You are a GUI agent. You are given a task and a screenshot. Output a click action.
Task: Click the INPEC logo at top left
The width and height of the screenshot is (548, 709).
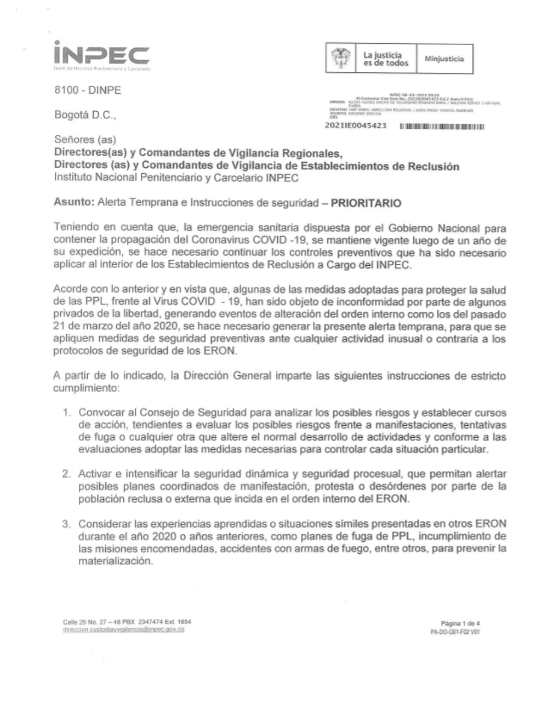click(101, 55)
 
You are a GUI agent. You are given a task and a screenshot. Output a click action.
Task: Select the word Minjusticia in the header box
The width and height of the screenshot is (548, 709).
click(444, 58)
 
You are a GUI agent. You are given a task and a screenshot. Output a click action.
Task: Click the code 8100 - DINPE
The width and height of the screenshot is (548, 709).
click(87, 90)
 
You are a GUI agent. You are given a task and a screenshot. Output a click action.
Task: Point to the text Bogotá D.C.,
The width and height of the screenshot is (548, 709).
click(85, 115)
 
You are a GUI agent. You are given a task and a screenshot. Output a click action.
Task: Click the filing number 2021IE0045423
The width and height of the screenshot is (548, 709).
click(356, 126)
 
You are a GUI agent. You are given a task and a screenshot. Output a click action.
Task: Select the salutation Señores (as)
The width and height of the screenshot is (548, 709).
click(84, 140)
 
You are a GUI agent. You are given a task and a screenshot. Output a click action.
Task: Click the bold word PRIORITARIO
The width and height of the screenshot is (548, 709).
click(366, 203)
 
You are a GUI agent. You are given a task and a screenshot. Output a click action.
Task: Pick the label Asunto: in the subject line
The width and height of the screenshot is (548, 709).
click(74, 203)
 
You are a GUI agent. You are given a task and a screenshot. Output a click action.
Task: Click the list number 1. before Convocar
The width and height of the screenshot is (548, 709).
click(68, 412)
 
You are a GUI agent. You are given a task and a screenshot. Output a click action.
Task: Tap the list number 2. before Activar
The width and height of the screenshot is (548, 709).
click(68, 473)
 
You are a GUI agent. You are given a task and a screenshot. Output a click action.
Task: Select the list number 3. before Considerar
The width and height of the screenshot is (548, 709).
click(68, 524)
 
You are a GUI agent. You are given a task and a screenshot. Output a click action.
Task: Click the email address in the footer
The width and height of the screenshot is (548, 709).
click(124, 630)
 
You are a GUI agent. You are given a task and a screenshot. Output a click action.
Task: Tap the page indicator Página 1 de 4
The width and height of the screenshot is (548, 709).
click(460, 623)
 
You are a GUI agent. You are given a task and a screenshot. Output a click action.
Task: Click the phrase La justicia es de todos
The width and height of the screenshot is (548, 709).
click(386, 59)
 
